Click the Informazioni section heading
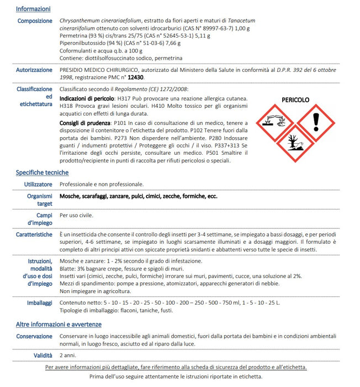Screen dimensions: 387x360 coord(33,9)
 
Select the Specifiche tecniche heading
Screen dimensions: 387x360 coord(42,172)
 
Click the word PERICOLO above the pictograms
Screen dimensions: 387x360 coord(295,100)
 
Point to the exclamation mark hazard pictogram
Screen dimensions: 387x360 coord(316,123)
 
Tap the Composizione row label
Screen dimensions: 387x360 coord(35,21)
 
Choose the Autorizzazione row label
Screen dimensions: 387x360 coord(34,70)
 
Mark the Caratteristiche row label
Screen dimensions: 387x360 coord(34,235)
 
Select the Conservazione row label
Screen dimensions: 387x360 coord(34,336)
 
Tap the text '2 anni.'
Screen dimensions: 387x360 coord(68,354)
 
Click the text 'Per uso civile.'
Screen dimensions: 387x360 coord(77,215)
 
